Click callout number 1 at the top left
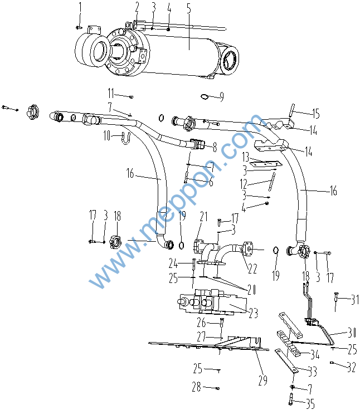click(80, 7)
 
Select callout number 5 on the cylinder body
click(188, 8)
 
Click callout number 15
click(315, 114)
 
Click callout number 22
click(252, 269)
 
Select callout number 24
click(173, 263)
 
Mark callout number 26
click(201, 323)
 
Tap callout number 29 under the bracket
click(262, 380)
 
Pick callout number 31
click(354, 300)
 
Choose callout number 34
click(315, 354)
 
